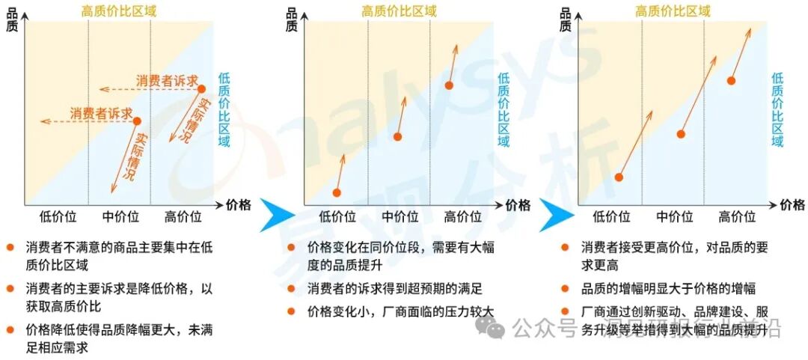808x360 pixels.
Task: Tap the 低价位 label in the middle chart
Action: click(337, 217)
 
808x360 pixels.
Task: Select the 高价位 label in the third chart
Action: click(737, 217)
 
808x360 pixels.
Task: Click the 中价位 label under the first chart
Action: click(120, 217)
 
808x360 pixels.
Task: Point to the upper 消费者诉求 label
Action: click(166, 80)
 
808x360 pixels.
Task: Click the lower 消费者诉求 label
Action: click(101, 113)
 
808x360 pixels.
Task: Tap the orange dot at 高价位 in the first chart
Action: click(201, 89)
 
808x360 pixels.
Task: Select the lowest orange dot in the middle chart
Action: click(337, 192)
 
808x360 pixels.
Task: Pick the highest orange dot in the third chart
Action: click(732, 80)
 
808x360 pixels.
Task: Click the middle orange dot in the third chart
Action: click(681, 134)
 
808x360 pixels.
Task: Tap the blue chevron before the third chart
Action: click(553, 217)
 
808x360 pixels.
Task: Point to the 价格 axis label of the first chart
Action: click(239, 204)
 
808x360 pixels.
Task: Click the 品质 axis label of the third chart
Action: click(566, 18)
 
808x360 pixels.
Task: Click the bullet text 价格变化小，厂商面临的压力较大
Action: click(401, 311)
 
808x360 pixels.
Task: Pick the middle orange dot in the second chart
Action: click(398, 136)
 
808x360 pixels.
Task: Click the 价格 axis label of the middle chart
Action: click(517, 204)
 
